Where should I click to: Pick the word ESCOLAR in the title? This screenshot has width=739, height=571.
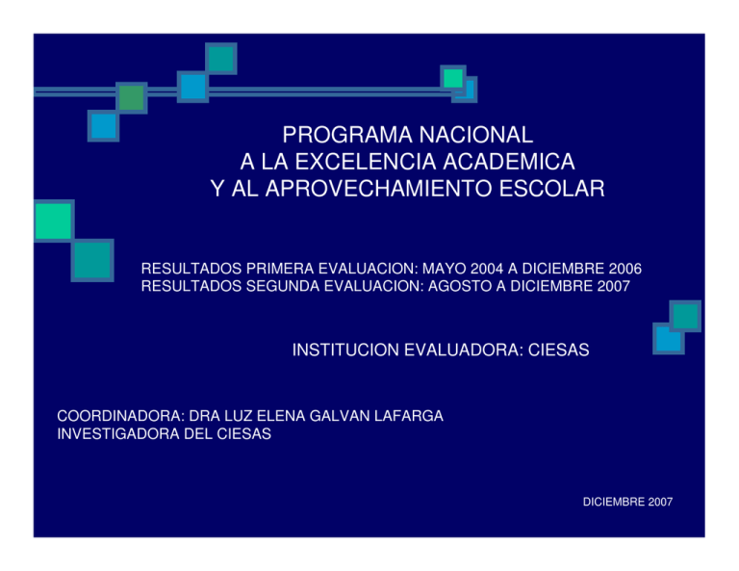pos(550,188)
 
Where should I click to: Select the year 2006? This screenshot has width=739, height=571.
pos(623,268)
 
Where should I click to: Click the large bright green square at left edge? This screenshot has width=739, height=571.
pos(53,221)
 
